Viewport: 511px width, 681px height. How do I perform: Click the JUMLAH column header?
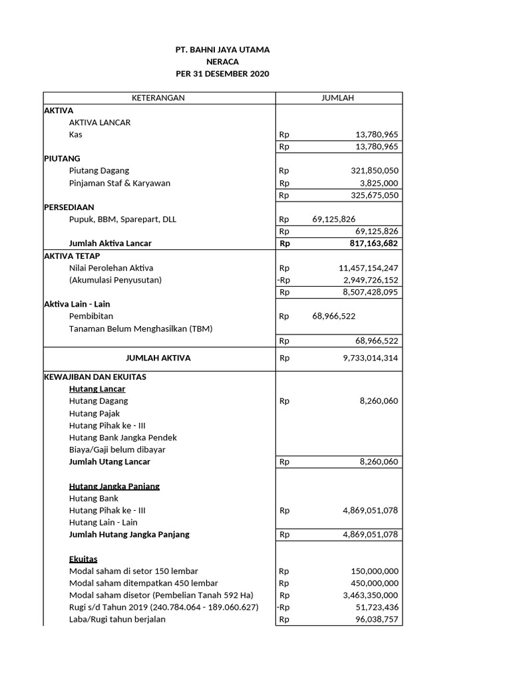[x=338, y=98]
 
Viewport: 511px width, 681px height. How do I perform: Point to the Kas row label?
[x=76, y=134]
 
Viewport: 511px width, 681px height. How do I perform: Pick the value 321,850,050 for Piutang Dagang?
[x=375, y=171]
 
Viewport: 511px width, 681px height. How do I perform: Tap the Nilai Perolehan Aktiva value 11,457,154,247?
[x=369, y=268]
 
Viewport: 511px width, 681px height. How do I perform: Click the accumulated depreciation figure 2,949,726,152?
[x=371, y=280]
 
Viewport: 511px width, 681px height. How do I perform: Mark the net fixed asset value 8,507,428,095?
[x=371, y=292]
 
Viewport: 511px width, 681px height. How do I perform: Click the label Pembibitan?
[x=91, y=317]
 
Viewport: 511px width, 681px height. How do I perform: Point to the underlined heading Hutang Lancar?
[x=97, y=389]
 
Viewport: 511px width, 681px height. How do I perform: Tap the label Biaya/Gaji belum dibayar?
[x=117, y=450]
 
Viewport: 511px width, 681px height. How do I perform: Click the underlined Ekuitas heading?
[x=83, y=559]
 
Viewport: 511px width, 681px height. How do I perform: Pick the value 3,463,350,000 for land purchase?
[x=371, y=595]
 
